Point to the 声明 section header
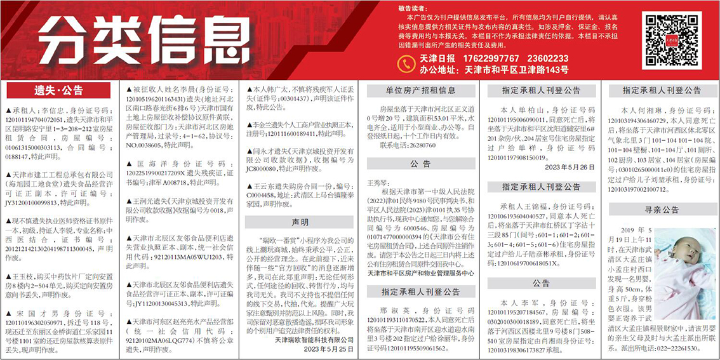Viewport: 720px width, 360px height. click(x=300, y=222)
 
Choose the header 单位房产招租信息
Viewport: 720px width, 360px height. click(x=421, y=91)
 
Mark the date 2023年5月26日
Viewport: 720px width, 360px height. click(x=570, y=167)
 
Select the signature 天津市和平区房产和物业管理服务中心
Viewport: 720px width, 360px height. click(x=421, y=273)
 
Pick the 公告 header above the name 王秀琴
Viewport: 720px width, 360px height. click(x=421, y=164)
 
